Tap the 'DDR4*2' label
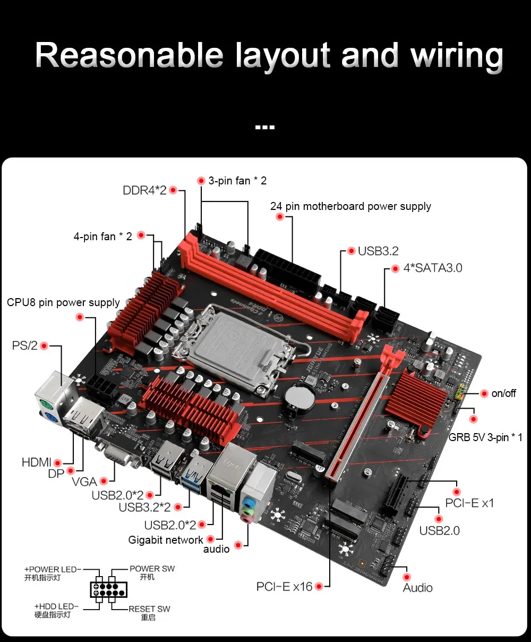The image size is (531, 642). point(144,190)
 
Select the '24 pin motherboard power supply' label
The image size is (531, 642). point(350,206)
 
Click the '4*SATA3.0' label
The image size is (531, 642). point(432,268)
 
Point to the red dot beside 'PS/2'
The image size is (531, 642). point(44,346)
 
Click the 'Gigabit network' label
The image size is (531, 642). point(165,540)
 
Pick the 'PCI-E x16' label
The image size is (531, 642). point(284,586)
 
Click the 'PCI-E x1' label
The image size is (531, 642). point(469,503)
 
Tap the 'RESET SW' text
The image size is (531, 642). point(149,609)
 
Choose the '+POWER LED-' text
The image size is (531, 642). point(53,569)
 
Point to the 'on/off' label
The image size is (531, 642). point(503,393)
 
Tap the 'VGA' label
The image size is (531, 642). point(84,481)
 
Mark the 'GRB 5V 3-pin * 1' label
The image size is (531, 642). point(485,437)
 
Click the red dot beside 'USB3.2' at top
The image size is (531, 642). point(351,251)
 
